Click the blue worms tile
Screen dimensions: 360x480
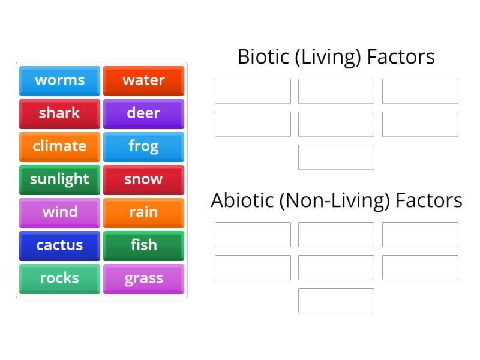point(59,80)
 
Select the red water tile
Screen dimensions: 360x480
point(143,80)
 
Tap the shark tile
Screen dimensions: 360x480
point(59,113)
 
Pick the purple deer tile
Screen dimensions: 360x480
point(143,113)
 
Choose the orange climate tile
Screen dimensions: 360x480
point(59,146)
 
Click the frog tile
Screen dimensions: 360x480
point(143,146)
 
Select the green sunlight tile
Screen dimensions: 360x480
point(59,179)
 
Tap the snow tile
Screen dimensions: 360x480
point(143,179)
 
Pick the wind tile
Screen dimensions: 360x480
point(59,212)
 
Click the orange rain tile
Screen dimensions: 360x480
point(143,212)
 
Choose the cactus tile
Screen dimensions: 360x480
point(59,245)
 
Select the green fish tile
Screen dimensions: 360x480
point(143,245)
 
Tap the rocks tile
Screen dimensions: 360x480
point(59,278)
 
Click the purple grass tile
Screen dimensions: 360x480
point(143,278)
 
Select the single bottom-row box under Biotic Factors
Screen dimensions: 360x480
point(336,157)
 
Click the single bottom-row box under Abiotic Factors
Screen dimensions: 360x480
point(336,301)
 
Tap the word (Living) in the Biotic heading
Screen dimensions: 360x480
point(324,57)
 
